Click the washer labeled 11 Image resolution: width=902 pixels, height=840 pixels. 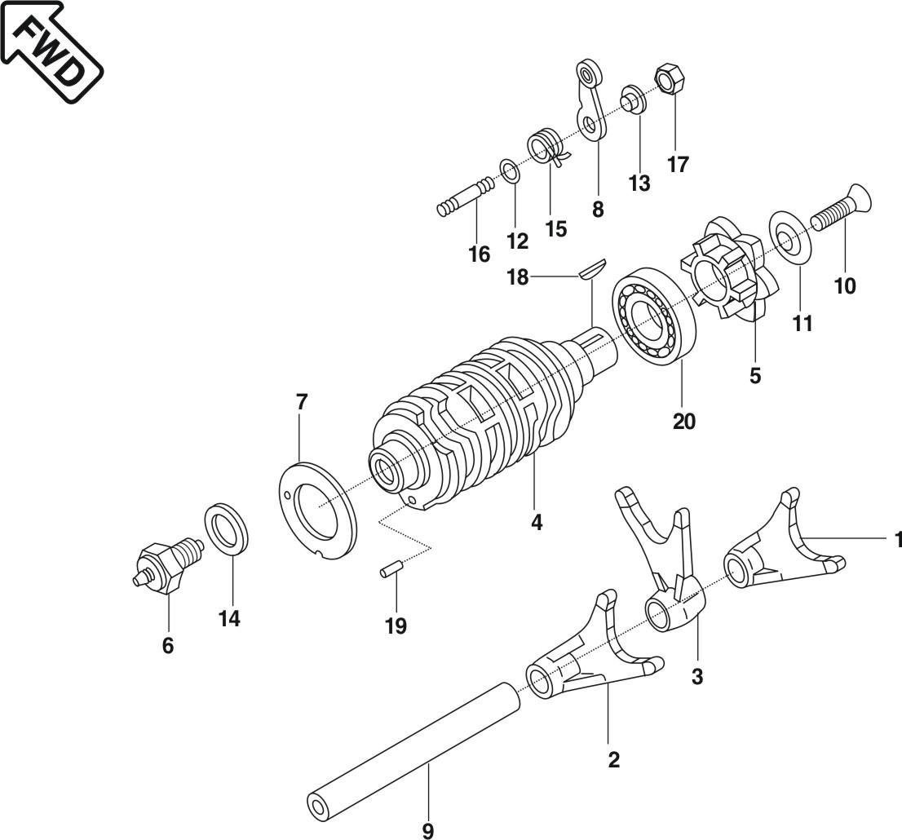click(x=790, y=236)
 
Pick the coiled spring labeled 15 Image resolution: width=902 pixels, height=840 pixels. click(x=546, y=148)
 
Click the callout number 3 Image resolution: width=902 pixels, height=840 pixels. click(x=696, y=676)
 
